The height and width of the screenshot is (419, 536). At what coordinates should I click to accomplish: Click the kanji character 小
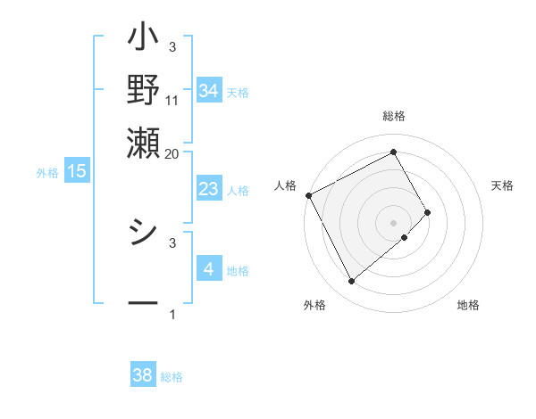[143, 41]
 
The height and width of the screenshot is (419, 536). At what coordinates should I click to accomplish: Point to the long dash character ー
[143, 304]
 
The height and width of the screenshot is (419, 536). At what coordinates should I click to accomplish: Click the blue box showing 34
[209, 91]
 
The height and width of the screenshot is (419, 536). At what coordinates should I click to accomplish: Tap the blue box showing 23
[209, 189]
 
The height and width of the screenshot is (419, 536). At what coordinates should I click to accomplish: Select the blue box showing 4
[209, 268]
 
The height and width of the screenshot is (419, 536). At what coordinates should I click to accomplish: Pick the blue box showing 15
[77, 171]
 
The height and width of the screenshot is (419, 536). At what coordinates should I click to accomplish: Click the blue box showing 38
[143, 375]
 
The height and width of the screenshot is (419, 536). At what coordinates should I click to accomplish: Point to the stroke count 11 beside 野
[172, 101]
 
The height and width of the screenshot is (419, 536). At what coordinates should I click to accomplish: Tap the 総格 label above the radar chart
[394, 116]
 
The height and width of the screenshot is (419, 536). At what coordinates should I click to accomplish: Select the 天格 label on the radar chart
[502, 185]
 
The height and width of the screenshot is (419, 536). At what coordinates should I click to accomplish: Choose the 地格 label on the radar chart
[468, 305]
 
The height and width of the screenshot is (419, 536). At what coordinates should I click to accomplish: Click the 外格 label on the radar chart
[314, 305]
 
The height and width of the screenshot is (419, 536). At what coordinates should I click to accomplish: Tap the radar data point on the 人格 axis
[308, 195]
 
